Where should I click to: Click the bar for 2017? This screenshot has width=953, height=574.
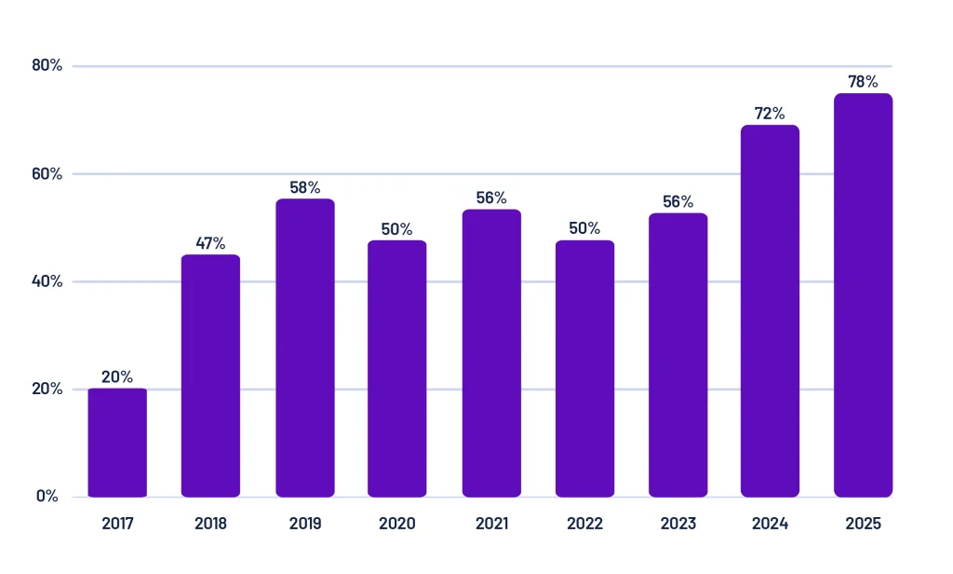[117, 443]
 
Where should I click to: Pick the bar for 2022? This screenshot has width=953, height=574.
[584, 368]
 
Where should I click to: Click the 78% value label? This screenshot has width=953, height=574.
[863, 82]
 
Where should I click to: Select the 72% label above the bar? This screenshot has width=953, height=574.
[770, 114]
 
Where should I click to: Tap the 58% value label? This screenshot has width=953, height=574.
[304, 187]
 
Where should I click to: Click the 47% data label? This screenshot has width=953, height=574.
[210, 243]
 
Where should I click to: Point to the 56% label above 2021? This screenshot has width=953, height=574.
[491, 198]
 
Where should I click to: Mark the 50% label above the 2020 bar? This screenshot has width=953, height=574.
[397, 229]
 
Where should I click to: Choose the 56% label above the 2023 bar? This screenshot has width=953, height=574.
[678, 202]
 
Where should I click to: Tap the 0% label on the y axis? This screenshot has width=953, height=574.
[47, 496]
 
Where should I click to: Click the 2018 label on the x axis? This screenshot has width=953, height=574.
[210, 524]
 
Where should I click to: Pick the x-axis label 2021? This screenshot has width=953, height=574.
[491, 524]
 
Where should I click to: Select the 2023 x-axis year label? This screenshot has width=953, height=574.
[678, 524]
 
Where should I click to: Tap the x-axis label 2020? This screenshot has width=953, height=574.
[397, 524]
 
